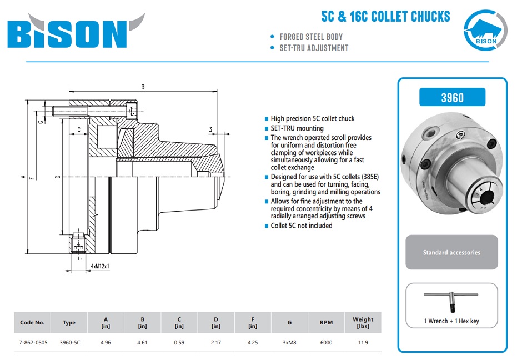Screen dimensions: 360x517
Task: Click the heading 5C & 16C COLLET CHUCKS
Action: point(385,16)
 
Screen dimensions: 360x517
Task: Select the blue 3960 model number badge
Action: point(452,97)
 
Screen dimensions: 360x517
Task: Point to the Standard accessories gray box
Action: point(451,252)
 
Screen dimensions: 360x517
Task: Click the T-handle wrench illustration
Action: point(451,301)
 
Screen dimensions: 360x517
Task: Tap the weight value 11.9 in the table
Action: point(363,343)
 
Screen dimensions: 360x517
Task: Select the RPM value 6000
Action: point(327,343)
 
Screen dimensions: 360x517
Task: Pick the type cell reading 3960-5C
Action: point(70,343)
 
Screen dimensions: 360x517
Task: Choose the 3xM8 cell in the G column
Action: point(289,343)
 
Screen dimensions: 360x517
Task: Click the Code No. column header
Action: point(32,322)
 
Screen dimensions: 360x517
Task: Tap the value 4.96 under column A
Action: point(106,343)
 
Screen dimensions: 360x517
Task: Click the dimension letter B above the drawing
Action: point(143,87)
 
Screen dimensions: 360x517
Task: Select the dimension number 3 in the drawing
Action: point(211,130)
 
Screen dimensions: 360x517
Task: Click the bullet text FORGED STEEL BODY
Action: point(311,37)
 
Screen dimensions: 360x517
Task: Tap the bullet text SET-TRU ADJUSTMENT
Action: point(314,48)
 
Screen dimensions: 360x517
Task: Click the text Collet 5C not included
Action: point(302,226)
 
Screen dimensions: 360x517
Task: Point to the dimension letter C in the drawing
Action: point(79,129)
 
